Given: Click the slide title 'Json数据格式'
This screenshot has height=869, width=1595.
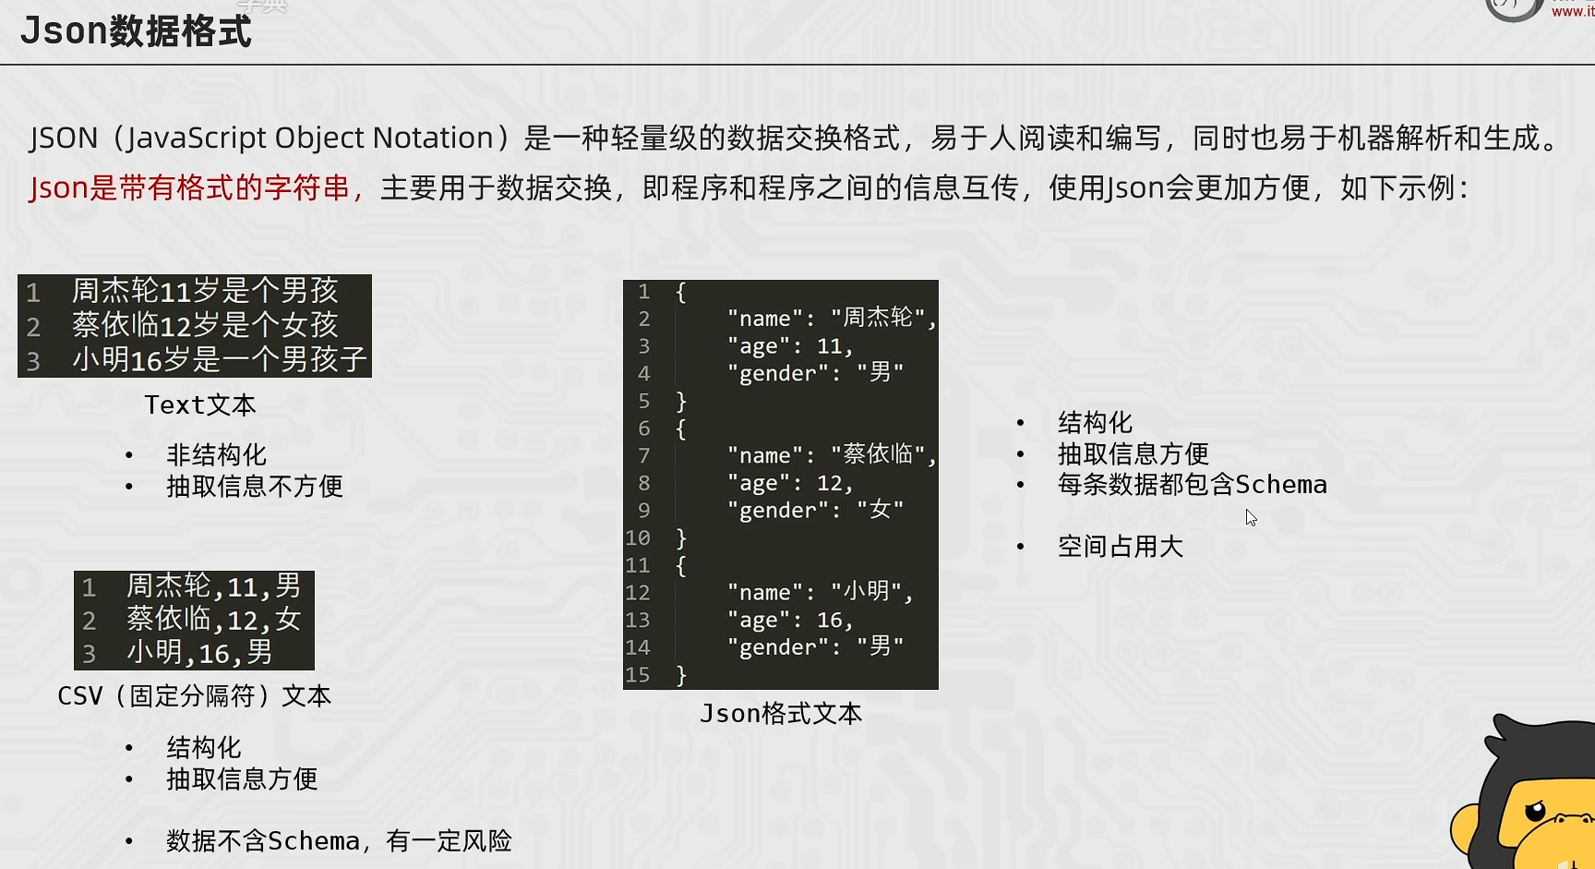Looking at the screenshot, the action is [136, 31].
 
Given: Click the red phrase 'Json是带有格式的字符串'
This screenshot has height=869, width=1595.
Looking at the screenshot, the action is [189, 188].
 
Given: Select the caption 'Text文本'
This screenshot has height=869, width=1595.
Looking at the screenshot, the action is [199, 404].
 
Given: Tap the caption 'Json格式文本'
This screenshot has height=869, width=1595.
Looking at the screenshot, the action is [781, 713].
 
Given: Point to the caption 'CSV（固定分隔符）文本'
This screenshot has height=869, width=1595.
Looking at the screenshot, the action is [194, 695].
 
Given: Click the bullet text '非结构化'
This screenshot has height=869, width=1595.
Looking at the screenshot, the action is [216, 454].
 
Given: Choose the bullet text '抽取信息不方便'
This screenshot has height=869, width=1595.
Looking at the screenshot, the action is [254, 486].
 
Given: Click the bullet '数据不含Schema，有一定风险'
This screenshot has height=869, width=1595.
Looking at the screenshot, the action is [338, 840].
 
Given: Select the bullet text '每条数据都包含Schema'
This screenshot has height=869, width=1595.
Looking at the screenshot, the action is [1192, 485].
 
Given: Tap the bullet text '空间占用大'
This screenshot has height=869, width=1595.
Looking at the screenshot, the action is [1120, 547].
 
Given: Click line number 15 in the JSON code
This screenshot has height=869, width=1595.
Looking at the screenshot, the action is [638, 675].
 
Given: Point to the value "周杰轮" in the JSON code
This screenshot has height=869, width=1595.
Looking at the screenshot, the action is [878, 318].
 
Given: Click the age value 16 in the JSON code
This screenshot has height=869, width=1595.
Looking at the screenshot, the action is [829, 621].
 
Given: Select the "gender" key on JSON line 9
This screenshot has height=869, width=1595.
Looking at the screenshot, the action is [777, 511].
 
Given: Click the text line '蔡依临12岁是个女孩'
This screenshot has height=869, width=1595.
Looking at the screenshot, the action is [205, 325].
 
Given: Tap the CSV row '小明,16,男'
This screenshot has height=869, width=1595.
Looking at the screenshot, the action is [199, 653].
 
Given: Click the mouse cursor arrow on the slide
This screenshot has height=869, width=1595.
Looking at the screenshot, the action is [1251, 517].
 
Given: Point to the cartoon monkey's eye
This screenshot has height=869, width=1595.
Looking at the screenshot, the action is [1534, 812].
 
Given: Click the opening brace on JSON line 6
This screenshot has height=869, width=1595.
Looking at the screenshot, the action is [681, 428].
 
